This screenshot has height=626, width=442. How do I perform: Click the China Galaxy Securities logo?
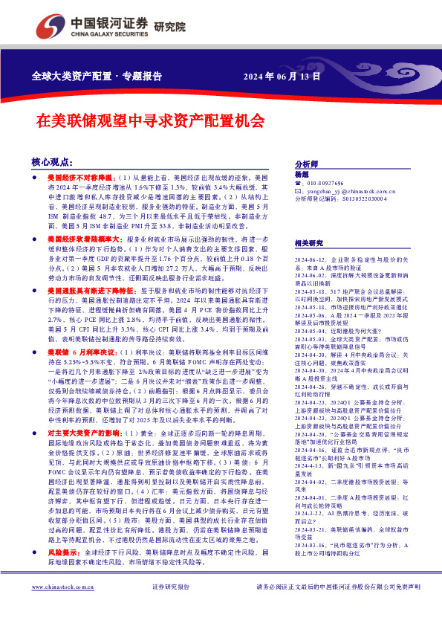pyautogui.click(x=97, y=26)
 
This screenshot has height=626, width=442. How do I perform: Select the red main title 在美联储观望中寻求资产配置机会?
pyautogui.click(x=151, y=119)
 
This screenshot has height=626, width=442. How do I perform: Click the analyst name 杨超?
pyautogui.click(x=301, y=174)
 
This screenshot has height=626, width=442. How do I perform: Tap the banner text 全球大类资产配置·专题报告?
pyautogui.click(x=97, y=76)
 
